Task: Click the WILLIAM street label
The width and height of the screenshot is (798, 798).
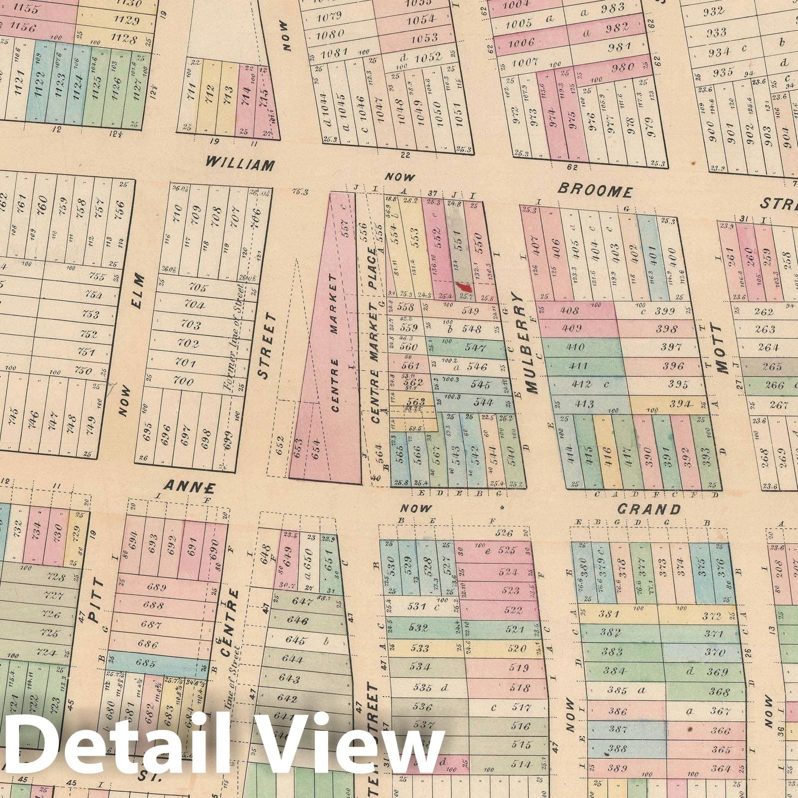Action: [x=240, y=163]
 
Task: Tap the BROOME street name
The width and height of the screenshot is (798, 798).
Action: [x=595, y=190]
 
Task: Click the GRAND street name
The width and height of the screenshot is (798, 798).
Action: [x=648, y=509]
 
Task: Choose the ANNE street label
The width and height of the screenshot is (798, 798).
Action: [x=190, y=486]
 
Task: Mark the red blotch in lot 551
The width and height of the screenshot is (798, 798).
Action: [x=464, y=287]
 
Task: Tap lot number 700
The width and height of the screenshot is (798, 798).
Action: [x=183, y=382]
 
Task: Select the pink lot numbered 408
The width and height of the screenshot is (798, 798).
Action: [x=571, y=311]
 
